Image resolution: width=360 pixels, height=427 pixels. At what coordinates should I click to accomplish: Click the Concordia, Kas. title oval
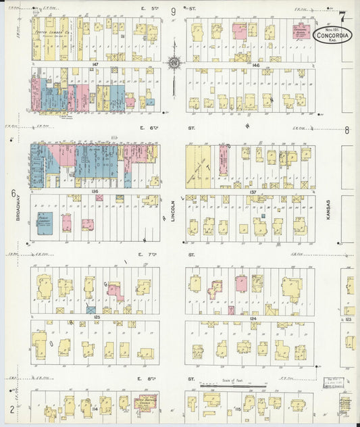(332, 34)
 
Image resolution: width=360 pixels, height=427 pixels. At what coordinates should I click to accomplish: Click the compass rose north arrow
(174, 62)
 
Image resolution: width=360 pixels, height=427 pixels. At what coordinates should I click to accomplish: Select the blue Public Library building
(45, 223)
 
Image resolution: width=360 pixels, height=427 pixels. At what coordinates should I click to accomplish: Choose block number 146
(255, 64)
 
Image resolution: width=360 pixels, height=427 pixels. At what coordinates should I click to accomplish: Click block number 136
(95, 191)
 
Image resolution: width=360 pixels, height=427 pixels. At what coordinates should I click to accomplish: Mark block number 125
(97, 317)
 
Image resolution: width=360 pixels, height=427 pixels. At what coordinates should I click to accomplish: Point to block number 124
(253, 317)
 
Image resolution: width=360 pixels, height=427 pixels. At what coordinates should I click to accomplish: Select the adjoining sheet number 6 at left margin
(13, 193)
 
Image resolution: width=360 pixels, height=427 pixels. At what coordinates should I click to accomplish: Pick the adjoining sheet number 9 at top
(174, 11)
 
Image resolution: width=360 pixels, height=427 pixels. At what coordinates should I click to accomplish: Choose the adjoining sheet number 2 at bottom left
(12, 409)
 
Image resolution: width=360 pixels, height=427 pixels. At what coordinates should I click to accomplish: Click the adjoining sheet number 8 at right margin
(346, 130)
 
